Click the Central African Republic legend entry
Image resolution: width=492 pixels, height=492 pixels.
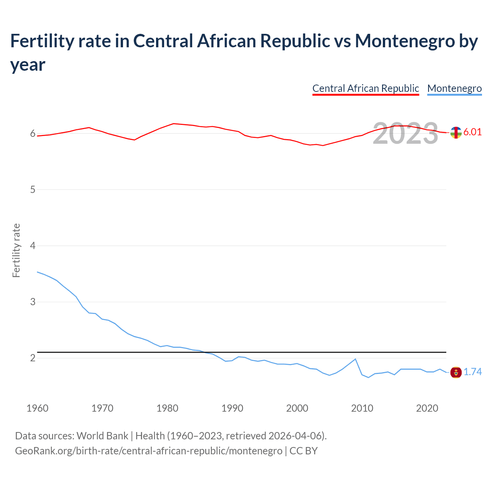[x=366, y=88]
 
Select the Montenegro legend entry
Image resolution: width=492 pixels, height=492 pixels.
[x=454, y=88]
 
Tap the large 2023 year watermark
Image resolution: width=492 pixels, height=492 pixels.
[x=406, y=133]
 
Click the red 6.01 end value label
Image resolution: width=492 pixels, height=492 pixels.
[x=472, y=132]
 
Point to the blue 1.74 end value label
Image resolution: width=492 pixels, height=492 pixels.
[x=472, y=372]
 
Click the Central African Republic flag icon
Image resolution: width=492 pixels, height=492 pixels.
[x=456, y=133]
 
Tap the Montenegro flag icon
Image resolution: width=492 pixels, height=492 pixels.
[x=456, y=372]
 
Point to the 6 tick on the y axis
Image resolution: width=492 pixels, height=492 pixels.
[x=33, y=133]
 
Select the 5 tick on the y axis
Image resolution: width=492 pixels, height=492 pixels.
[x=33, y=189]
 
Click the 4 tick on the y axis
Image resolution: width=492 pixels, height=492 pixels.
[x=33, y=246]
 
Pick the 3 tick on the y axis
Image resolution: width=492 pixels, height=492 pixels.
[x=33, y=302]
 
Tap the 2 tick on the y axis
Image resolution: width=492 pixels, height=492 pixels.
[x=33, y=358]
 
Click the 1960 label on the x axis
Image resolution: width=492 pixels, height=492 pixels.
[x=37, y=408]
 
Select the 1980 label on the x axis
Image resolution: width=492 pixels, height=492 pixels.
[x=167, y=408]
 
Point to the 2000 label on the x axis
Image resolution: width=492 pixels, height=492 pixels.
[x=297, y=408]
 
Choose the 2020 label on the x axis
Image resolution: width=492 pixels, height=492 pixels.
[x=427, y=408]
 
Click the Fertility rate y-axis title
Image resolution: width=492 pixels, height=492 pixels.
[x=16, y=250]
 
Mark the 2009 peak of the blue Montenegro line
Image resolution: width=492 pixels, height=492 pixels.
[x=355, y=359]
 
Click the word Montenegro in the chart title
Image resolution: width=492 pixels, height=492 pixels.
[x=405, y=41]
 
